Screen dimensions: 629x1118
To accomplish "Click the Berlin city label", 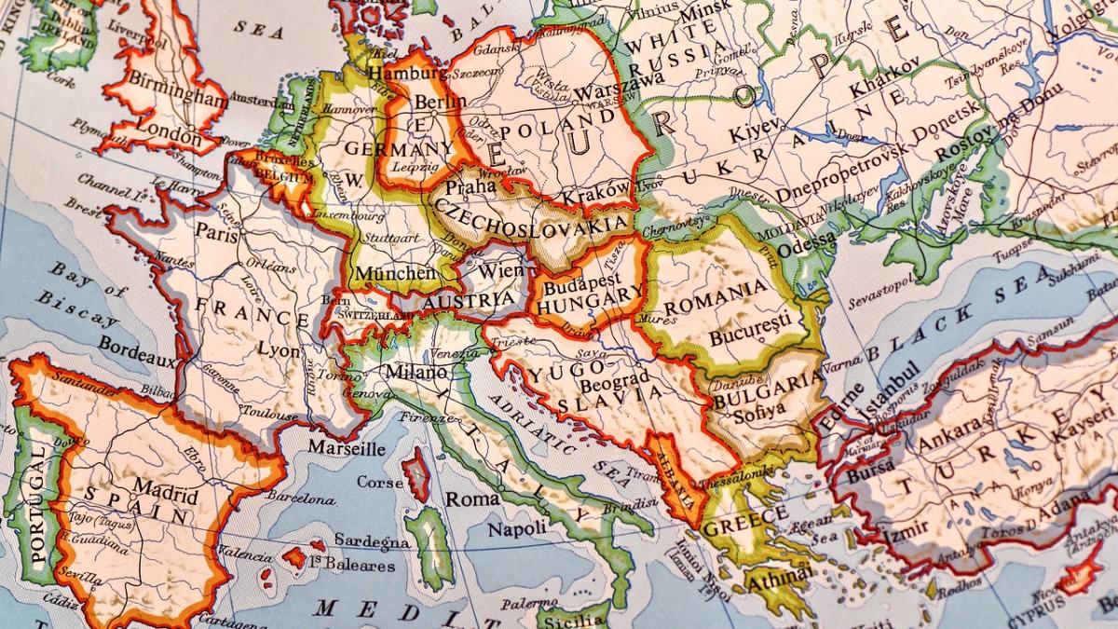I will tap(440, 102).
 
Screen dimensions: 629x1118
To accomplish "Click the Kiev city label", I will tap(751, 131).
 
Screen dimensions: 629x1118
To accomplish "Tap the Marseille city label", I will tap(346, 448).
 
